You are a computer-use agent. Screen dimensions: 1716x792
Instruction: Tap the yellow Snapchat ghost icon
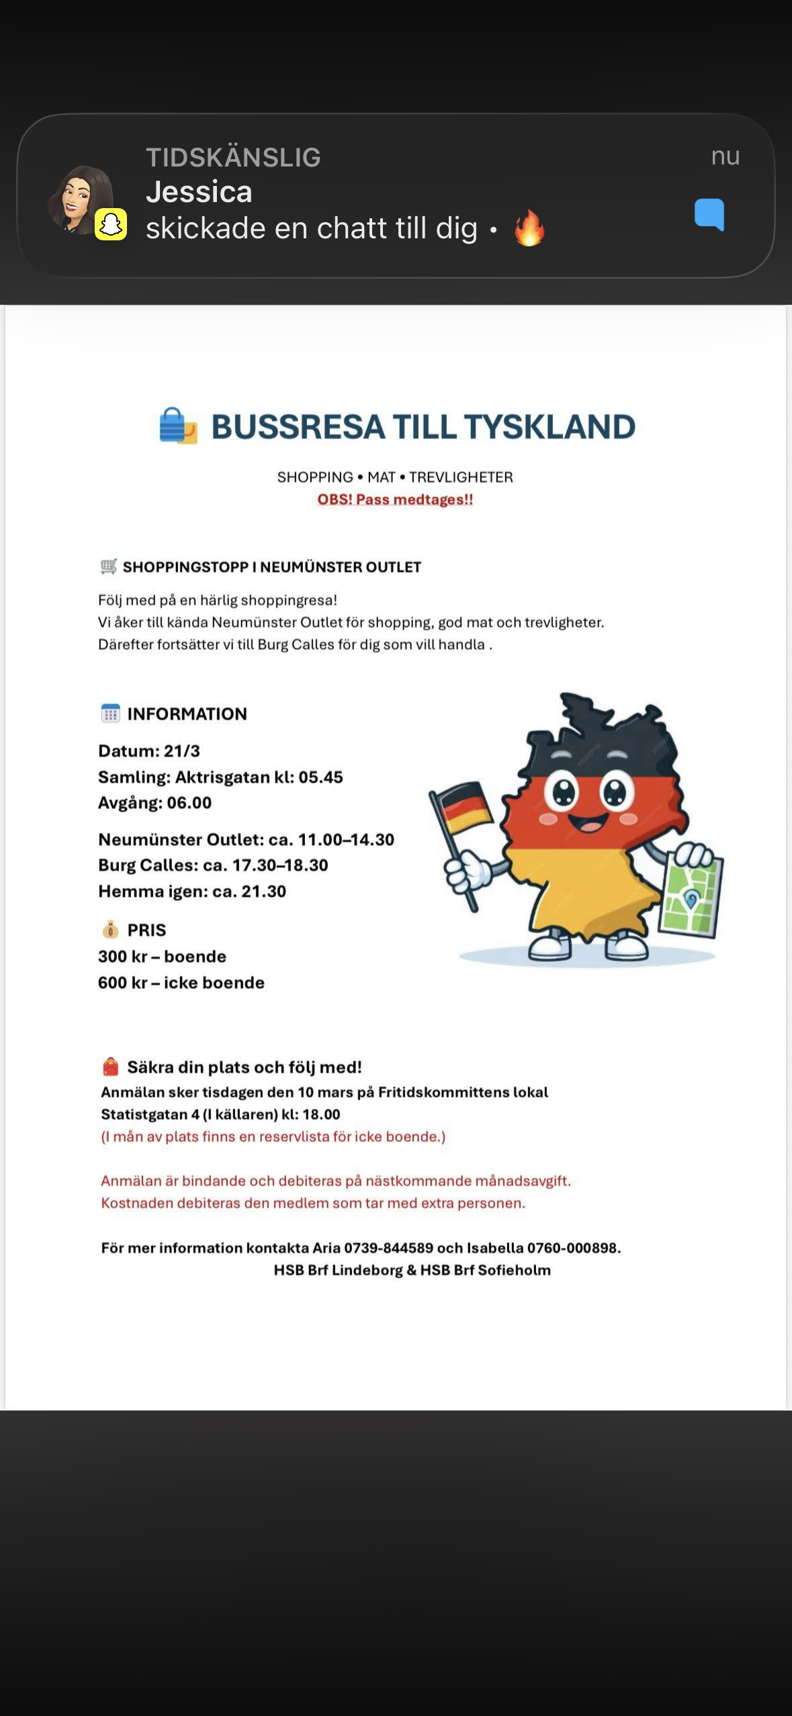111,224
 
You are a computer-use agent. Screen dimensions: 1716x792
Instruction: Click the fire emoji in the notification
529,228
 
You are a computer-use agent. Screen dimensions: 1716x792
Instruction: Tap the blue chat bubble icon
709,214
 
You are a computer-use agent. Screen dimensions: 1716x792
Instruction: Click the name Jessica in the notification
199,192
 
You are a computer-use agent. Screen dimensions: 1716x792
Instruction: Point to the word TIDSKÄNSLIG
233,157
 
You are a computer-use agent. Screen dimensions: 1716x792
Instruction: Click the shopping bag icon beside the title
177,426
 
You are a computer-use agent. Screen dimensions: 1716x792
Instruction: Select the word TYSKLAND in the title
549,427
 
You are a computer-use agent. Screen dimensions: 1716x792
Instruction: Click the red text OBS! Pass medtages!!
395,499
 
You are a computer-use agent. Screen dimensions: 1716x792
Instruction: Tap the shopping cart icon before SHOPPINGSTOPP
108,567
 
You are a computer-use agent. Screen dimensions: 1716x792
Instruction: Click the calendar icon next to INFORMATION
110,713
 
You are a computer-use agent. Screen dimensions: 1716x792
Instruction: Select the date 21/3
181,751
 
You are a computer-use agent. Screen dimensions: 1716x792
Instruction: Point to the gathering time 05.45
320,777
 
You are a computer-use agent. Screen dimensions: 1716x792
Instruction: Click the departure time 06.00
189,802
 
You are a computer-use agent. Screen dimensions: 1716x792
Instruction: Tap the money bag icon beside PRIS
110,930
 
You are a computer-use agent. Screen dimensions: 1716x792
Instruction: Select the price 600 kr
122,982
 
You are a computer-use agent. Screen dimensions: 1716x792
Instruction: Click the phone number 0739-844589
388,1247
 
